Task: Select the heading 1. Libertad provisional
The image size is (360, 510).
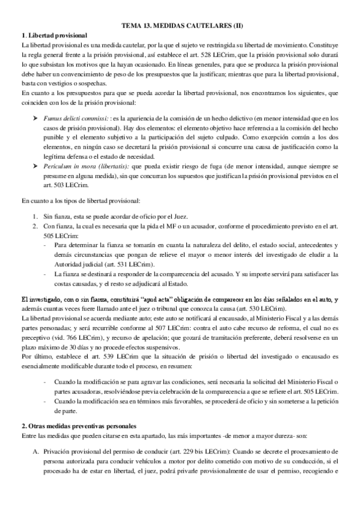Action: pos(54,35)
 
